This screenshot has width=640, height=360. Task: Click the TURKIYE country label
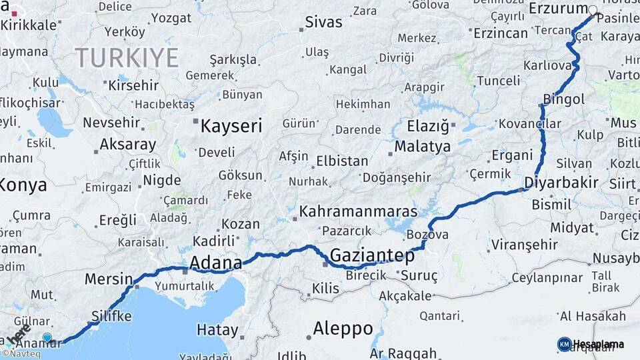[x=127, y=57]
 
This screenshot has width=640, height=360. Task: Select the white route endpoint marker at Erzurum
[x=593, y=10]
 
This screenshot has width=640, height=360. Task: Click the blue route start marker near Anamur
[x=47, y=337]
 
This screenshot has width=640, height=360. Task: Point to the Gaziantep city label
[x=372, y=255]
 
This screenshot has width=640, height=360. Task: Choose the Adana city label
[x=215, y=263]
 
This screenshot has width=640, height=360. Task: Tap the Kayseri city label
[x=231, y=126]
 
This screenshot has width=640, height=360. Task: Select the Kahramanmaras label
[x=359, y=212]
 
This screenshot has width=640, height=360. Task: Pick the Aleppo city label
[x=343, y=328]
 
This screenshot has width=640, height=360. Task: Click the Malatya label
[x=423, y=146]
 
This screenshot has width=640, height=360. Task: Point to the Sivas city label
[x=323, y=22]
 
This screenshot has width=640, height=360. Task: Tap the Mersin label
[x=109, y=279]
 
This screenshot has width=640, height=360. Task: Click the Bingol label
[x=564, y=99]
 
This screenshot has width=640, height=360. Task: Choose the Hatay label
[x=217, y=329]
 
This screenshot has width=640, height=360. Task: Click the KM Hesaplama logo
[x=591, y=344]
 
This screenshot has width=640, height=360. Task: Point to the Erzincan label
[x=501, y=33]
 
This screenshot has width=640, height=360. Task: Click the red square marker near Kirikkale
[x=14, y=13]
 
